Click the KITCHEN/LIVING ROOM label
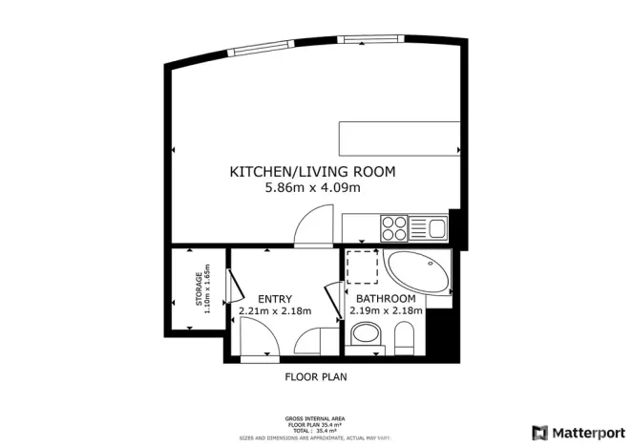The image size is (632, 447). pyautogui.click(x=312, y=172)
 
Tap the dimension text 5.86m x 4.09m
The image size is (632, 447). pyautogui.click(x=312, y=188)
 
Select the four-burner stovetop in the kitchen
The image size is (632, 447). pyautogui.click(x=395, y=228)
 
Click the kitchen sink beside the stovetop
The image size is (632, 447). pyautogui.click(x=436, y=228)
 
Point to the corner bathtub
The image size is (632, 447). pyautogui.click(x=417, y=275)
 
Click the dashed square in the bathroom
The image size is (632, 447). pyautogui.click(x=362, y=267)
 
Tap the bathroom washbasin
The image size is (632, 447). pyautogui.click(x=364, y=334)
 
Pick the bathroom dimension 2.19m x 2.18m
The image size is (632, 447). pyautogui.click(x=386, y=310)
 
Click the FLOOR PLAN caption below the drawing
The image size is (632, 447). pyautogui.click(x=316, y=376)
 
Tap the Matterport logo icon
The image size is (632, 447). pyautogui.click(x=540, y=432)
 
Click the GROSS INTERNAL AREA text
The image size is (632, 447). pyautogui.click(x=315, y=418)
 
